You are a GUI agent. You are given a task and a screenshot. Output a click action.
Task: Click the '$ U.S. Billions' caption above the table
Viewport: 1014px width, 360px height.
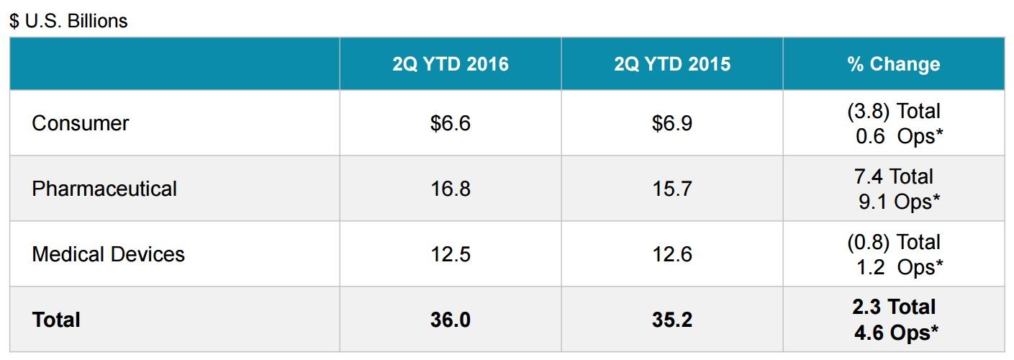[x=68, y=21]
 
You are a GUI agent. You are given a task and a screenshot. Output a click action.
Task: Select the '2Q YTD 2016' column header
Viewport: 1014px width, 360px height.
[x=451, y=64]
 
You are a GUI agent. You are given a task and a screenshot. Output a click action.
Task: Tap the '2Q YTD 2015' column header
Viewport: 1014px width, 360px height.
[x=672, y=64]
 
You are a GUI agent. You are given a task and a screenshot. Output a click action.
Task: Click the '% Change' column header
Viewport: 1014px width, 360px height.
[x=893, y=64]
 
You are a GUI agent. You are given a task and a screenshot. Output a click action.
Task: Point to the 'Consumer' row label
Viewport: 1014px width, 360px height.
[x=80, y=123]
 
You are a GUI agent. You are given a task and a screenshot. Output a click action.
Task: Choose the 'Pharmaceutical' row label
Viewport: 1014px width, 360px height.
[x=104, y=189]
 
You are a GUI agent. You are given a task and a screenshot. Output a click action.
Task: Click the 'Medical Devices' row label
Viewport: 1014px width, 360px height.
[x=108, y=254]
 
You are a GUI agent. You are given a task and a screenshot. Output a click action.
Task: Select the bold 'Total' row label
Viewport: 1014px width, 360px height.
[x=56, y=320]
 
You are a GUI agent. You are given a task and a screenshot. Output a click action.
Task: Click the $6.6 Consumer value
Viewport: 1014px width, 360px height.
[x=451, y=123]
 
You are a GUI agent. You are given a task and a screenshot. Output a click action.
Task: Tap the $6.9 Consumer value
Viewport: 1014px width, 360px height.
[x=672, y=123]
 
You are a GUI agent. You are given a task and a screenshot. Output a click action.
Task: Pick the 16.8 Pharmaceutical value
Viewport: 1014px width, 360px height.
[x=451, y=189]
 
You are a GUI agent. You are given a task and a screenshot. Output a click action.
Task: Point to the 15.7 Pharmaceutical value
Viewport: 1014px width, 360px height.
[x=672, y=189]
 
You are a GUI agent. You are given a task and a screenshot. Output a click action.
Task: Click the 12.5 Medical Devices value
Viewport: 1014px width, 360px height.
[x=451, y=254]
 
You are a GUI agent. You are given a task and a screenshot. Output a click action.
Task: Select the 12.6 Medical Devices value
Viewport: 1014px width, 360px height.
[x=672, y=254]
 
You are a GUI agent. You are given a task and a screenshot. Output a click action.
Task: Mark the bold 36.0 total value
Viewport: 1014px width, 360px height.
[x=451, y=320]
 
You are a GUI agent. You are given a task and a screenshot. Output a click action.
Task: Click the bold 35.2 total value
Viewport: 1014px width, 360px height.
[x=672, y=320]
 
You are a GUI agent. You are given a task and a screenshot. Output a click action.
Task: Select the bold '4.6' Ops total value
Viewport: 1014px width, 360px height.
[x=869, y=333]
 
